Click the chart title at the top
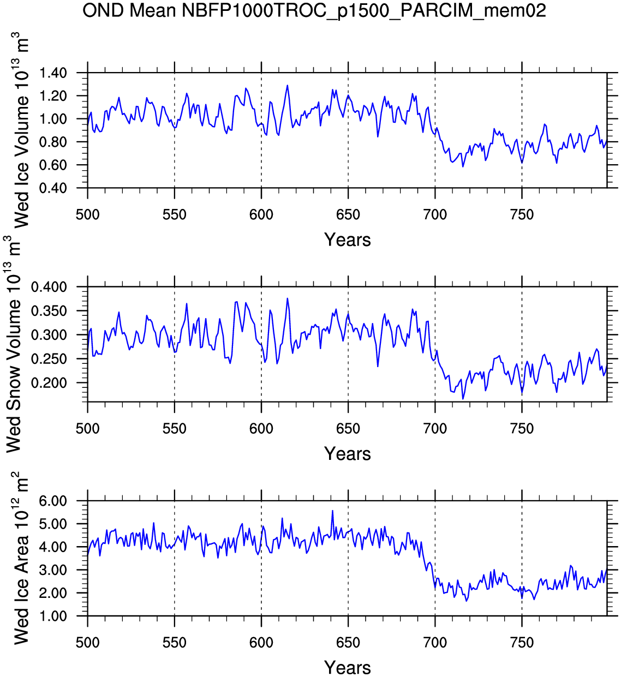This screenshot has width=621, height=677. pos(314,10)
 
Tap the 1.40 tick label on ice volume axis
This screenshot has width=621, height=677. pos(53,73)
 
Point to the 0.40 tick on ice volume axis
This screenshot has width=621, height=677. pos(53,188)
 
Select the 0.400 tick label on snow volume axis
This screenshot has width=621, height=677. pos(49,287)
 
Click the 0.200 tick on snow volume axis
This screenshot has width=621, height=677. pos(49,383)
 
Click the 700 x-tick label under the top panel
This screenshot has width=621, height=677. pos(435,215)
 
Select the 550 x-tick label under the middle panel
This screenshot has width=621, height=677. pos(175,429)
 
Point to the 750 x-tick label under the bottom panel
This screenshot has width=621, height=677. pos(522,643)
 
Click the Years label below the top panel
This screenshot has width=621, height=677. pos(348,240)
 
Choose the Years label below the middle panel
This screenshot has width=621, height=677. pos(348,454)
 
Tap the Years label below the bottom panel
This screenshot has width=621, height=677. pos(348,668)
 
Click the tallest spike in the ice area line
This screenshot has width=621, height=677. pos(332,511)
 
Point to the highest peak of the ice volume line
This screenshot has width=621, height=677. pos(287,86)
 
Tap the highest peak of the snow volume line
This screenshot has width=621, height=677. pos(287,298)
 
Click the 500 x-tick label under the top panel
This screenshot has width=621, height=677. pos(88,215)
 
